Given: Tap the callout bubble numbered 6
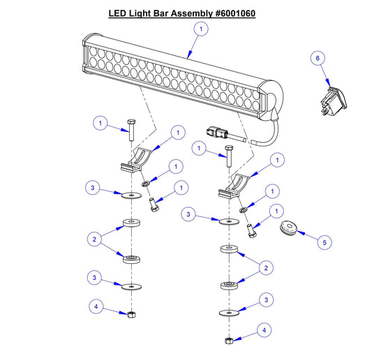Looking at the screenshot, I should (x=319, y=60).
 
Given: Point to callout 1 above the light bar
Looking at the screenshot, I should (x=201, y=29).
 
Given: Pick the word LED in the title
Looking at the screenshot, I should (x=119, y=13).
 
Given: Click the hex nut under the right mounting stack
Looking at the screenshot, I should (x=228, y=340).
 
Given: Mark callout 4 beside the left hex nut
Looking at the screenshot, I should (x=98, y=306).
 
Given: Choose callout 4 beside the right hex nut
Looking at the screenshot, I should (x=262, y=329).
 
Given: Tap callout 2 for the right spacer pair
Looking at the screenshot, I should (x=264, y=267).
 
